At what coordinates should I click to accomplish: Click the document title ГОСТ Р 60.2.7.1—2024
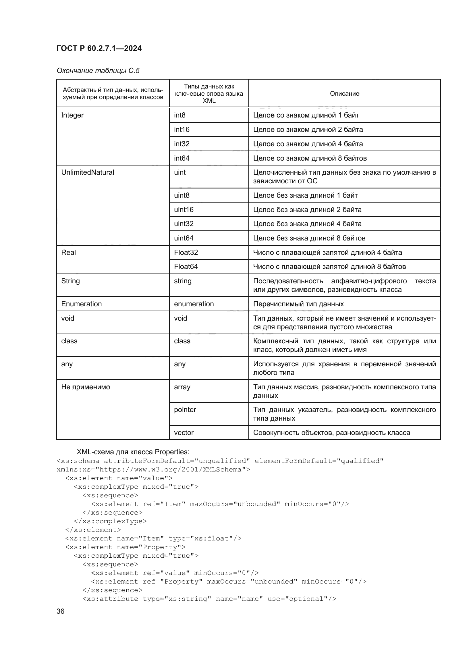(99, 48)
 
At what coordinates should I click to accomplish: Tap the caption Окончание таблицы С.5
(98, 71)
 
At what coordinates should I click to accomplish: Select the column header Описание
(344, 94)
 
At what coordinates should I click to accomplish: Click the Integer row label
(72, 115)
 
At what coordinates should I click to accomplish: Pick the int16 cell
(181, 129)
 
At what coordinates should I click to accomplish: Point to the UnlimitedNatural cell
(88, 172)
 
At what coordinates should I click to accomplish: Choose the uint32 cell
(184, 224)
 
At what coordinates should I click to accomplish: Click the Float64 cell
(186, 267)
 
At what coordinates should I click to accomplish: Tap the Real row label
(68, 253)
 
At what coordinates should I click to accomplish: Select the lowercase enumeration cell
(194, 304)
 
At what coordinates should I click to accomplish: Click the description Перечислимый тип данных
(298, 304)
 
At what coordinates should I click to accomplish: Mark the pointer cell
(185, 410)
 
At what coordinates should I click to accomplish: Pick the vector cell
(184, 433)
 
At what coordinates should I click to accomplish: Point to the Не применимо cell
(85, 387)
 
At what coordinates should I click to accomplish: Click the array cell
(182, 387)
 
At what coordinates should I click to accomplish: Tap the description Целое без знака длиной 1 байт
(305, 196)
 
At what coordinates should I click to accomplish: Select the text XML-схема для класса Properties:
(133, 452)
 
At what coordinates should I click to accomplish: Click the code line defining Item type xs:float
(153, 538)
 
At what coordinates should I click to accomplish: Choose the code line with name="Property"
(125, 547)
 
